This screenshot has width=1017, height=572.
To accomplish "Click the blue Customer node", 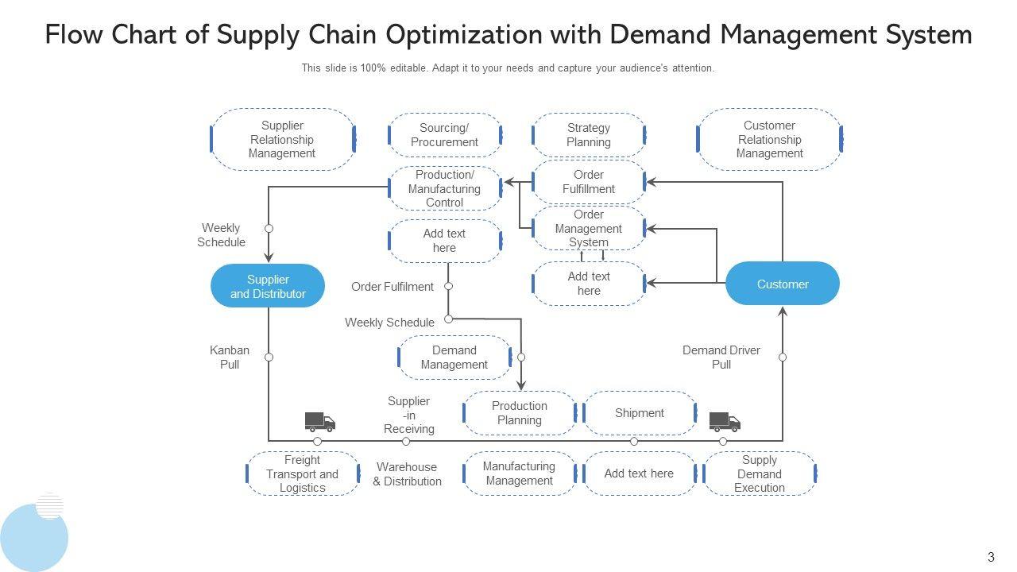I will [783, 284].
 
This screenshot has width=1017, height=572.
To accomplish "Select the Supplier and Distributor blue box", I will [268, 286].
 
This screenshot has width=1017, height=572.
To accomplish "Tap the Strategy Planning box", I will [589, 135].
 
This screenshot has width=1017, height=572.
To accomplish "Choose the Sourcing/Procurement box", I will [445, 135].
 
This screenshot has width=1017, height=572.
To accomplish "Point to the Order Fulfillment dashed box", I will [589, 182].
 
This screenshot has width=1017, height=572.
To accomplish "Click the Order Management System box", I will [589, 228].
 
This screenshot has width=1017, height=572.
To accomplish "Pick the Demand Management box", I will [454, 357].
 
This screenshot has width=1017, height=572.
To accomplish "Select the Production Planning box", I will [520, 413].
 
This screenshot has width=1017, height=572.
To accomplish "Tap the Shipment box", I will [640, 413].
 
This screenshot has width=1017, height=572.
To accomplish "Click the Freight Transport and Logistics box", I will [303, 473].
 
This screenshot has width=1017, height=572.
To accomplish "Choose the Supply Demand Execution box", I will [760, 473].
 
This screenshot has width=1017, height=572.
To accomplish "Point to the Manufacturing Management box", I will [520, 473].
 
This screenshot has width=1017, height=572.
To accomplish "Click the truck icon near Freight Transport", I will [320, 422].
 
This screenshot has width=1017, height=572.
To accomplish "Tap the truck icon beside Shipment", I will [725, 422].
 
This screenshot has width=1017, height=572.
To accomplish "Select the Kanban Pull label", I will [230, 357].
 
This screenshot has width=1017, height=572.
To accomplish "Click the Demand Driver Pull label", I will [721, 357].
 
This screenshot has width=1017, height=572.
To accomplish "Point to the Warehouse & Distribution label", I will [408, 474].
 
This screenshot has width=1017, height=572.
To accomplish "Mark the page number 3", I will [991, 558].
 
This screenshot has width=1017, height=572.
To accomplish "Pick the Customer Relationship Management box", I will [769, 140].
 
